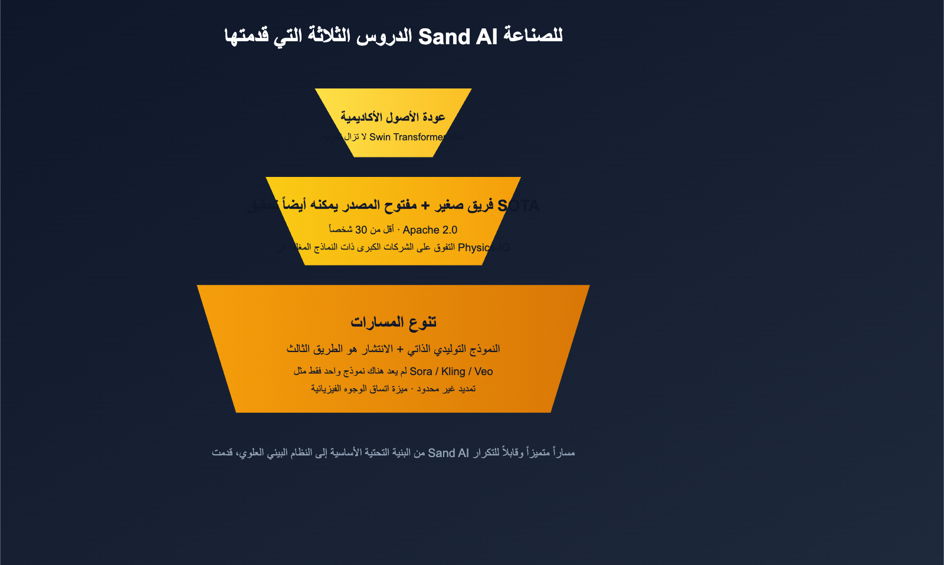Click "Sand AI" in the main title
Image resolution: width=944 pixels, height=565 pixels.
458,37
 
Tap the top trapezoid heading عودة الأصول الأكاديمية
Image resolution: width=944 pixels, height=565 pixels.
393,117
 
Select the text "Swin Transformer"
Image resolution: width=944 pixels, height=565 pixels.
408,137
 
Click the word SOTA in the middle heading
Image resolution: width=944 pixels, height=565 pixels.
519,205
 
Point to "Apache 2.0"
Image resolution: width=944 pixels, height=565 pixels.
430,229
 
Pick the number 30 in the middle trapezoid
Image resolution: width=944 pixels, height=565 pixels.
361,229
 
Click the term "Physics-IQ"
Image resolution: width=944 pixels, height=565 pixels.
483,247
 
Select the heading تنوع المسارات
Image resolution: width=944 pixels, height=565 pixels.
393,321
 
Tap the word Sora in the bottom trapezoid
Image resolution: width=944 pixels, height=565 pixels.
421,372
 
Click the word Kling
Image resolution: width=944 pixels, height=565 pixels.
453,372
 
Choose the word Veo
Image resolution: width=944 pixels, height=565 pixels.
483,372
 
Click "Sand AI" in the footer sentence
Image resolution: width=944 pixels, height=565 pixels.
448,453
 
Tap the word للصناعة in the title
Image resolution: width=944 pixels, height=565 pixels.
533,35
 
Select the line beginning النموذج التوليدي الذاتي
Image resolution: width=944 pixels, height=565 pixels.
393,349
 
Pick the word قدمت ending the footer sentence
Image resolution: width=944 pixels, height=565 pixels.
222,453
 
